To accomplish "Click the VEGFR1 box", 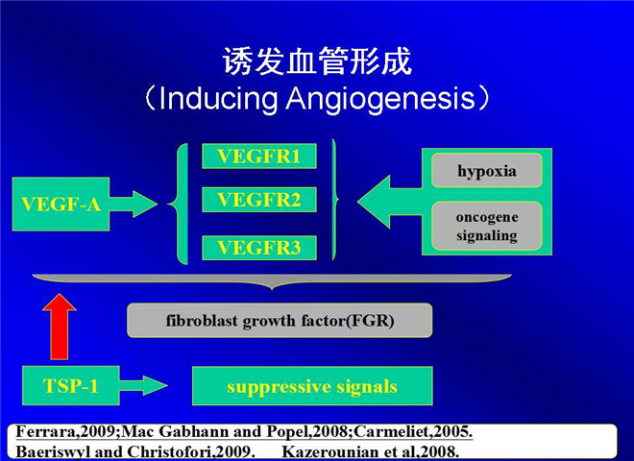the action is [259, 157].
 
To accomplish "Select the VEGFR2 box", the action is [259, 200].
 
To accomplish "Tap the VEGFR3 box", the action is [259, 248].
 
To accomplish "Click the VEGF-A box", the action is [61, 204].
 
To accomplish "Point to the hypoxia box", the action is [487, 170].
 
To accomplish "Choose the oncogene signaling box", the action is [487, 226].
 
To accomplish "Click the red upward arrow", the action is [60, 327].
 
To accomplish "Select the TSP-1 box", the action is [71, 385].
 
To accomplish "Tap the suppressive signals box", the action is [312, 386].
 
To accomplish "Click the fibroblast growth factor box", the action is [280, 320].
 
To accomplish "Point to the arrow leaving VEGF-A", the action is [134, 204].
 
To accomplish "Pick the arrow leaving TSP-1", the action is [143, 385].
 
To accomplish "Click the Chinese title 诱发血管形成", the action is [317, 61].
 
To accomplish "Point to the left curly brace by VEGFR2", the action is [179, 204].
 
